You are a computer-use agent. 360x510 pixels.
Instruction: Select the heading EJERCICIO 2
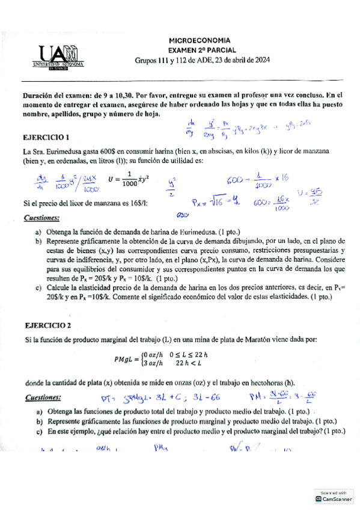[48, 325]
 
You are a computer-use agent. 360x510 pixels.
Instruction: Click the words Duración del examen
[58, 95]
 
